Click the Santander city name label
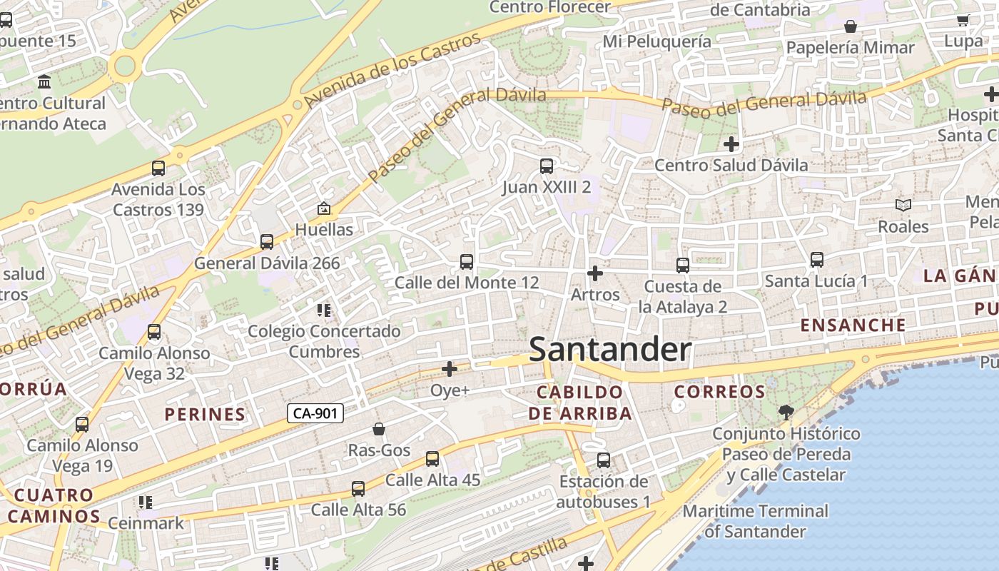tap(610, 350)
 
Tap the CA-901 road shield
tap(315, 413)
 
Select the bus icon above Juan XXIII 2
tap(547, 166)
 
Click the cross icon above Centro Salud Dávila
tap(731, 144)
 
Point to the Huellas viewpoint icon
tap(324, 208)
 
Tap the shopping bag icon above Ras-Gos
tap(379, 429)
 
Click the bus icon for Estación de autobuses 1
tap(604, 460)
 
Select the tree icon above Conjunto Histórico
tap(786, 412)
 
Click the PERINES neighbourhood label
tap(205, 415)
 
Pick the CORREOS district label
tap(719, 392)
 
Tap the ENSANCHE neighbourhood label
tap(853, 325)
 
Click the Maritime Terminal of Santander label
tap(756, 521)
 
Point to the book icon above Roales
tap(903, 206)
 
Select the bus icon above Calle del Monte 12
tap(467, 262)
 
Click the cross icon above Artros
tap(594, 273)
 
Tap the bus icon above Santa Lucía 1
tap(817, 260)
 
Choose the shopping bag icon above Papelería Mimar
tap(851, 27)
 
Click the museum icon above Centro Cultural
tap(45, 82)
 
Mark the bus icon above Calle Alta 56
tap(358, 489)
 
